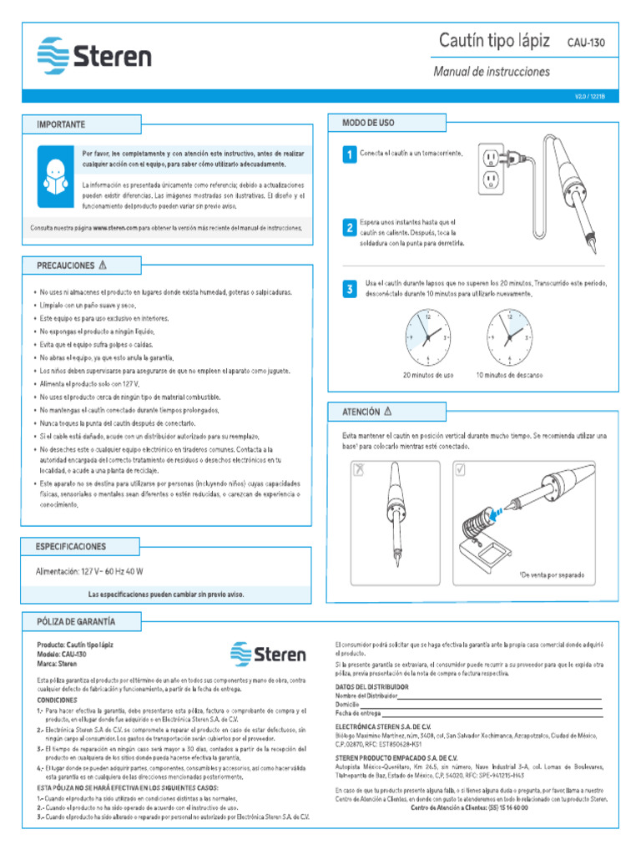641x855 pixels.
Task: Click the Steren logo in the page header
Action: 93,55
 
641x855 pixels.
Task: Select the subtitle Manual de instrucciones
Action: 491,72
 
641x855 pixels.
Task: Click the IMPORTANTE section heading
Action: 61,124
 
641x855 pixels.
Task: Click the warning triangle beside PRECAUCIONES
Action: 103,266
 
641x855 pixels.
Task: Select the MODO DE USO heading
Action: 368,123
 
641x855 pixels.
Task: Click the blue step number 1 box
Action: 349,155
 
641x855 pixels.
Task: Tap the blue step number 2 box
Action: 349,228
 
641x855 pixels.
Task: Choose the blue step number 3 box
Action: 349,290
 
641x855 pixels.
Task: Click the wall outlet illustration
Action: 492,169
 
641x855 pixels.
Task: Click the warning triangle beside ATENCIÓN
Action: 387,412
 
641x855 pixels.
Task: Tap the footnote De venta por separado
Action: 552,575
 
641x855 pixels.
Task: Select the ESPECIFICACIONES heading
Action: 71,546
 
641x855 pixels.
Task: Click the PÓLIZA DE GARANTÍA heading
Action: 76,622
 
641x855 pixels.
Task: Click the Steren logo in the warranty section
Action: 269,655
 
